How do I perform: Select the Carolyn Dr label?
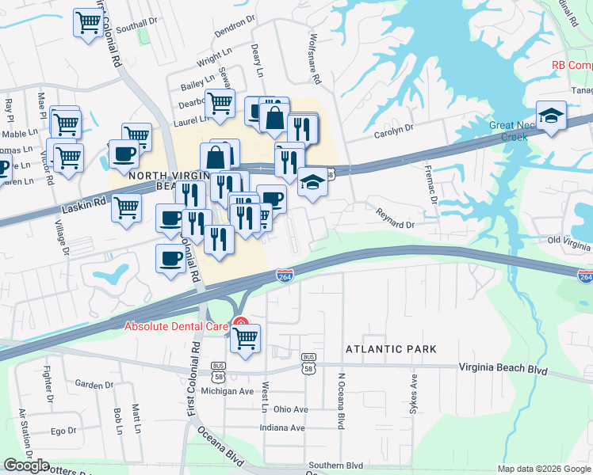pyautogui.click(x=394, y=127)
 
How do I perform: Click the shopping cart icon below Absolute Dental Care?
pyautogui.click(x=246, y=339)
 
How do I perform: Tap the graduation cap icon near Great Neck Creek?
pyautogui.click(x=551, y=116)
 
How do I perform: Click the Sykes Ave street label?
pyautogui.click(x=413, y=393)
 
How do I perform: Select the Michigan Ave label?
pyautogui.click(x=227, y=391)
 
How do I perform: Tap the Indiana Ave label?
pyautogui.click(x=282, y=427)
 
